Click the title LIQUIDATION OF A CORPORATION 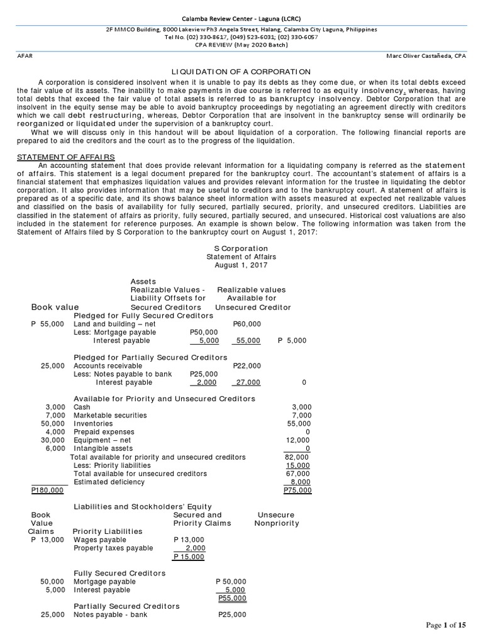(x=241, y=72)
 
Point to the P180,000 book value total (x=47, y=490)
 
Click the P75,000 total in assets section (x=297, y=490)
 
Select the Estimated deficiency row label (x=109, y=482)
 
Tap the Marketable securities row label (x=110, y=415)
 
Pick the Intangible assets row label (x=103, y=448)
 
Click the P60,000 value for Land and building (x=247, y=323)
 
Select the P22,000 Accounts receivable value (x=247, y=365)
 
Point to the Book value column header (x=55, y=307)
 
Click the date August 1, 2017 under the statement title (x=241, y=265)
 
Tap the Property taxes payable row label (x=113, y=548)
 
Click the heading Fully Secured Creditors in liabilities (x=119, y=573)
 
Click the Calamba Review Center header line (x=241, y=18)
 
